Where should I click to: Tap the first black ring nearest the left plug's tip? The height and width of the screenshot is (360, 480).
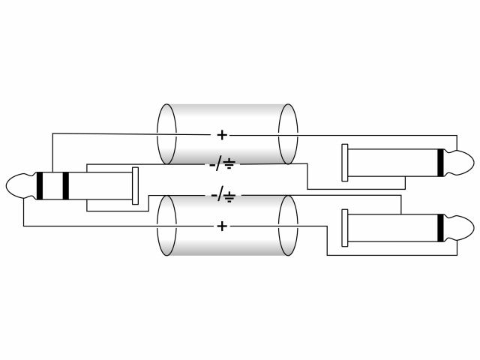40,186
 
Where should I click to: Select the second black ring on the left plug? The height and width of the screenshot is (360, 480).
66,186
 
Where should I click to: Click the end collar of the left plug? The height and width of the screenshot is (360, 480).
135,186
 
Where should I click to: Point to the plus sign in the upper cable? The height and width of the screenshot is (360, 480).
222,135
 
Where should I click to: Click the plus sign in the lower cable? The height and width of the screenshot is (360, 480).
222,226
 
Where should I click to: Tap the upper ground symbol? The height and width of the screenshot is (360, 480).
229,164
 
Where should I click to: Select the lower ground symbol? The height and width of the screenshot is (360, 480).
229,196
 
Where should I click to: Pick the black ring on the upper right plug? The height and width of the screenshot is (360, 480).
440,163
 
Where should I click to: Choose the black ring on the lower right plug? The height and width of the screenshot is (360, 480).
440,228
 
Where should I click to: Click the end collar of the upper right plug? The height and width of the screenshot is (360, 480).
345,163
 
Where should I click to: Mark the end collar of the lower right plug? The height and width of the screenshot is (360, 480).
345,228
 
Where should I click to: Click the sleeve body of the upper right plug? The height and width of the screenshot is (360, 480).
393,163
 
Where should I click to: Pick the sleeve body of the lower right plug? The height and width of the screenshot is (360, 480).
393,228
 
